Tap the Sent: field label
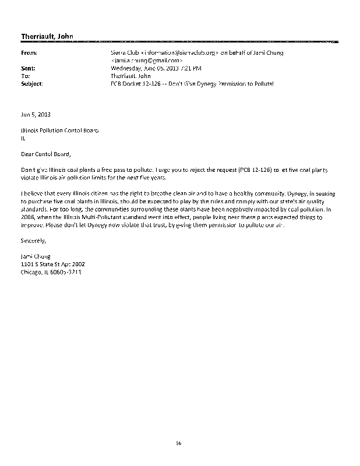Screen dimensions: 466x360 point(27,68)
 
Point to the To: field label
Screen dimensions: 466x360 point(24,76)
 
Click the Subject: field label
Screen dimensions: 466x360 point(31,83)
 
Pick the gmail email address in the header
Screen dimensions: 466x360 point(146,61)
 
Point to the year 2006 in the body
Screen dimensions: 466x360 point(27,215)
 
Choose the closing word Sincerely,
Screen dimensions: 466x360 point(33,239)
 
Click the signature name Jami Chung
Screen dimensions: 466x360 point(36,255)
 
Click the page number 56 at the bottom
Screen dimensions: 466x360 point(179,443)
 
